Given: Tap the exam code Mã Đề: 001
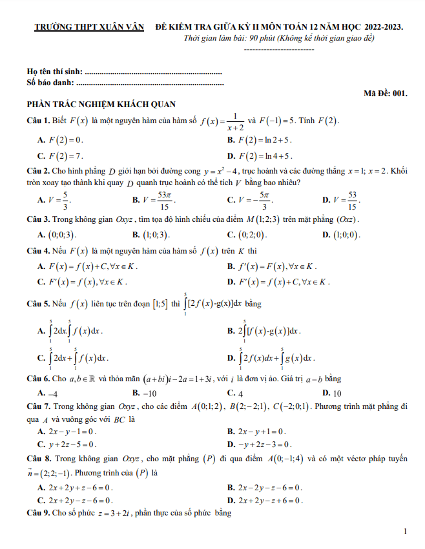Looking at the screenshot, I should pyautogui.click(x=385, y=93).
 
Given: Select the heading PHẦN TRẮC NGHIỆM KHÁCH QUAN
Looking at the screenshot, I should pyautogui.click(x=101, y=105).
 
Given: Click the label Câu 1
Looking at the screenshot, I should pyautogui.click(x=37, y=121).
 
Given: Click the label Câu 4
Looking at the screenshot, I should pyautogui.click(x=37, y=250).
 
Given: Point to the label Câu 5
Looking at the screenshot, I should pyautogui.click(x=37, y=303).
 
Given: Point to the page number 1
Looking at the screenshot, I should pyautogui.click(x=404, y=532).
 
